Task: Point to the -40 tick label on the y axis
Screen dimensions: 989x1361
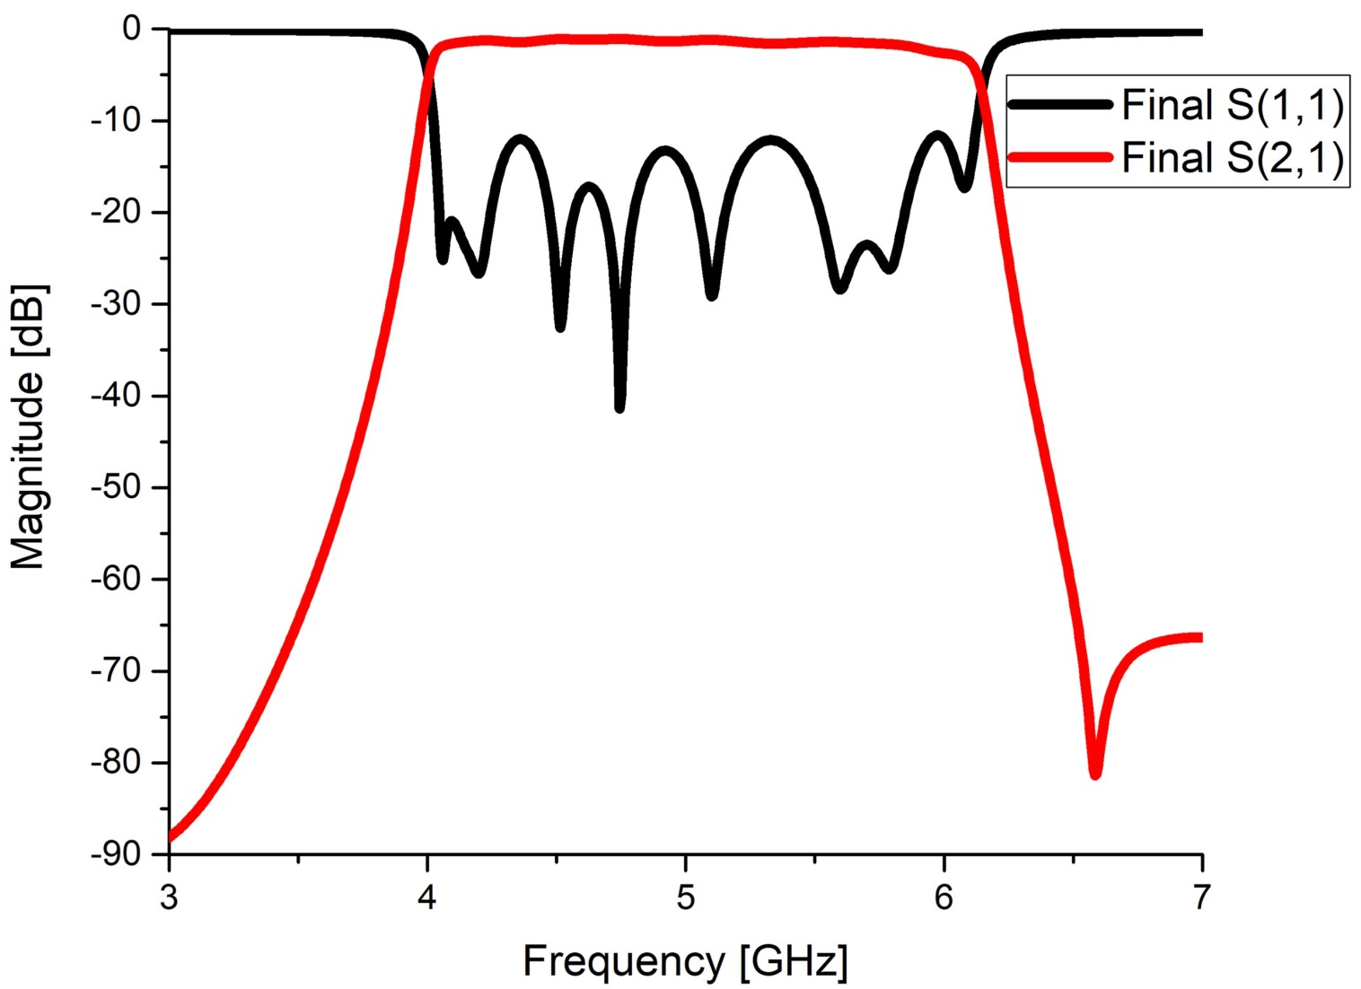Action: coord(116,396)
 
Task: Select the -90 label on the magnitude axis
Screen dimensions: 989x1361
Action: coord(116,854)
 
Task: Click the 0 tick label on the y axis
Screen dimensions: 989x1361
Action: coord(131,29)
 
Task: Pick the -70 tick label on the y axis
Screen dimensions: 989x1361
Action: coord(116,670)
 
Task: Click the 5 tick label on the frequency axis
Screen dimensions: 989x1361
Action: coord(686,897)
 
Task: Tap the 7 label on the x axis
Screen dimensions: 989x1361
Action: coord(1201,897)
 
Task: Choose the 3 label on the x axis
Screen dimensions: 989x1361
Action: coord(169,897)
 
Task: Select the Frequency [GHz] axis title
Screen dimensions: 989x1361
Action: coord(685,961)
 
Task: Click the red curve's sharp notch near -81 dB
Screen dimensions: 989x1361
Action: coord(1095,775)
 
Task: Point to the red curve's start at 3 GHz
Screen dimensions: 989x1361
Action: coord(171,838)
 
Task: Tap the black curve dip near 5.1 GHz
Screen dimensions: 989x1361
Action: coord(712,295)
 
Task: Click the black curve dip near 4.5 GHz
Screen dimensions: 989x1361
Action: coord(560,328)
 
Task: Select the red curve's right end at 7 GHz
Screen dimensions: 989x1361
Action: coord(1199,637)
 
